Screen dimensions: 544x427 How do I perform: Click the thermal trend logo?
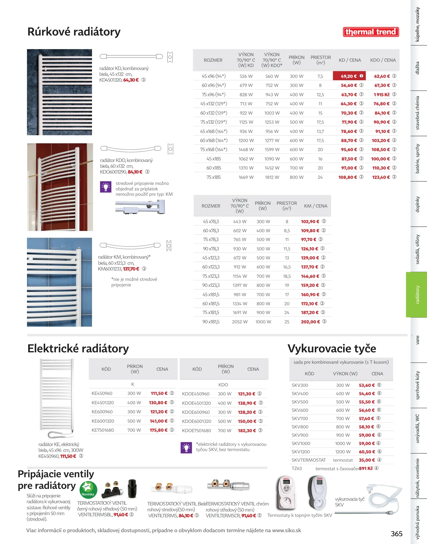tap(371, 32)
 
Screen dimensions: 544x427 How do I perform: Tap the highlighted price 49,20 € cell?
tap(349, 76)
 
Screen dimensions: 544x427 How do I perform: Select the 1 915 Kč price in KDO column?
tap(382, 94)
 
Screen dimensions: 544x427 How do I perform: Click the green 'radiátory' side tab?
tap(417, 294)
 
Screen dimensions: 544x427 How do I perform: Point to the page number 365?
tap(396, 534)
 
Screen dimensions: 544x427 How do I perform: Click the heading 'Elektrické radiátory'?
tap(78, 349)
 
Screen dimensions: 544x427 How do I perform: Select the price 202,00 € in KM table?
tap(310, 322)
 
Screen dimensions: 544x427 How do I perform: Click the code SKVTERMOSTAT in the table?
tap(309, 460)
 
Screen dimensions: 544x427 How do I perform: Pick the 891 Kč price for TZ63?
tap(366, 468)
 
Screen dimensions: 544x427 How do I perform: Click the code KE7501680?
tap(103, 430)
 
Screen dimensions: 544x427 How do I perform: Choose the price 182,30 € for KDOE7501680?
tap(247, 431)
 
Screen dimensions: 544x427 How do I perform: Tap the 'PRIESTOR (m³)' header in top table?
tap(320, 60)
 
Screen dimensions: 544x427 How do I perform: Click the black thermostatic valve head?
tap(132, 488)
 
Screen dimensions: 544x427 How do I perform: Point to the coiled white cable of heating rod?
tap(384, 496)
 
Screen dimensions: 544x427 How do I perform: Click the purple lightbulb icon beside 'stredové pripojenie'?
tap(106, 187)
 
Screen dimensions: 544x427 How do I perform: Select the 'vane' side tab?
tap(417, 340)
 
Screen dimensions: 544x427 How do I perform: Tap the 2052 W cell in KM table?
tap(240, 322)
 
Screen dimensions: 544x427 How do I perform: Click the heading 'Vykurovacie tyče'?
tap(332, 349)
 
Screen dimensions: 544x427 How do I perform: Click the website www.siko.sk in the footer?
tap(286, 530)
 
